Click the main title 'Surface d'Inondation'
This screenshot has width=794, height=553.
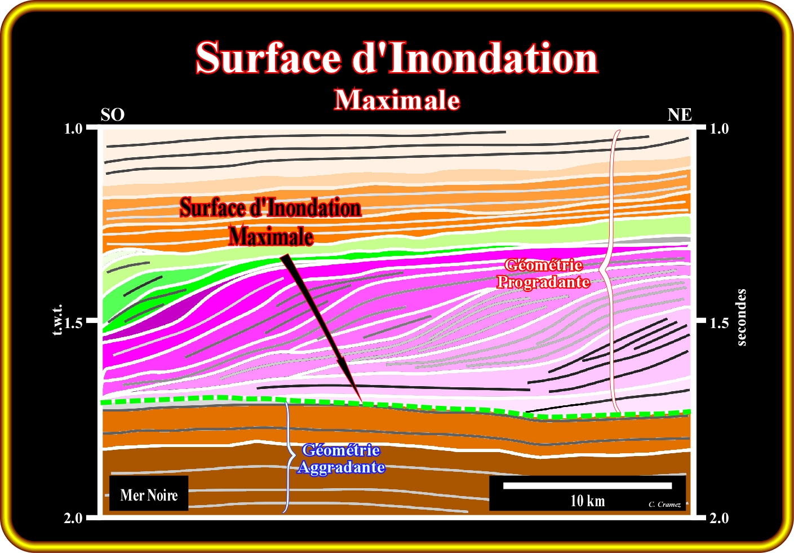(396, 58)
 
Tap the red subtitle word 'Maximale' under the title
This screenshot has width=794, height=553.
(397, 100)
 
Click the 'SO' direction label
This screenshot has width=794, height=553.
(112, 115)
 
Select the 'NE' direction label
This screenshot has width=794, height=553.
(680, 115)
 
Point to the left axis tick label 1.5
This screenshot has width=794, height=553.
(74, 323)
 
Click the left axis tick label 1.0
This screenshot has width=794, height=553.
(74, 129)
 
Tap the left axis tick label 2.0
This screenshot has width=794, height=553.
(74, 518)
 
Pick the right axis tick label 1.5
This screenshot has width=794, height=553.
(718, 323)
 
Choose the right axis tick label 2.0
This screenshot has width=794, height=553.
(718, 518)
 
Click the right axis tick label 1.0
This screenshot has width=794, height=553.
(718, 129)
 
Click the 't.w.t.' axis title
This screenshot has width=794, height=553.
(57, 321)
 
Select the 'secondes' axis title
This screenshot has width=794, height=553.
(742, 317)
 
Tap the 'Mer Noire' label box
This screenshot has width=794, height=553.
(149, 495)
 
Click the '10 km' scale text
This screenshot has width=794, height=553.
(587, 501)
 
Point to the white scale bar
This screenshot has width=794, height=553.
(587, 485)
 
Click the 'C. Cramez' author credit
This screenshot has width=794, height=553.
(664, 505)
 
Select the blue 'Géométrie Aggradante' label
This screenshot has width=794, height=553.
(341, 459)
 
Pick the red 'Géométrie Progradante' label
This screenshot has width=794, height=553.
(543, 273)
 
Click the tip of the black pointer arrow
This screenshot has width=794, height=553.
(361, 401)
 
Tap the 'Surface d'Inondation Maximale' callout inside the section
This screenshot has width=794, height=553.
(270, 222)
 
